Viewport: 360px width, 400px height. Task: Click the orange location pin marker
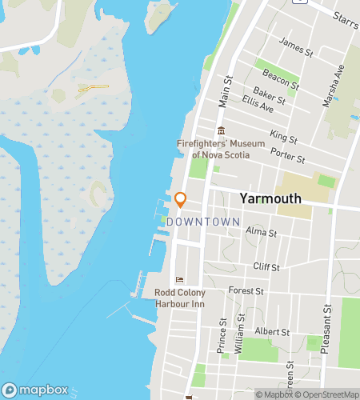click(x=181, y=199)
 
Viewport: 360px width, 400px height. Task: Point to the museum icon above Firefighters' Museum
click(x=221, y=131)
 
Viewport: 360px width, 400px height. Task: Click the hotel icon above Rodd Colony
click(x=178, y=279)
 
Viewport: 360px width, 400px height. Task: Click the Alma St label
click(x=261, y=233)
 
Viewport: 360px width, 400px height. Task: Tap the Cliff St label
click(x=266, y=267)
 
